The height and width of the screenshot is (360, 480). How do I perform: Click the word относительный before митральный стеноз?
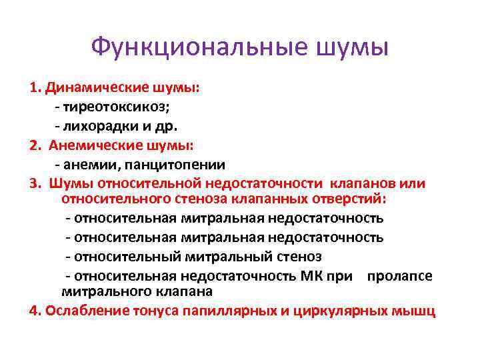tap(121, 256)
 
